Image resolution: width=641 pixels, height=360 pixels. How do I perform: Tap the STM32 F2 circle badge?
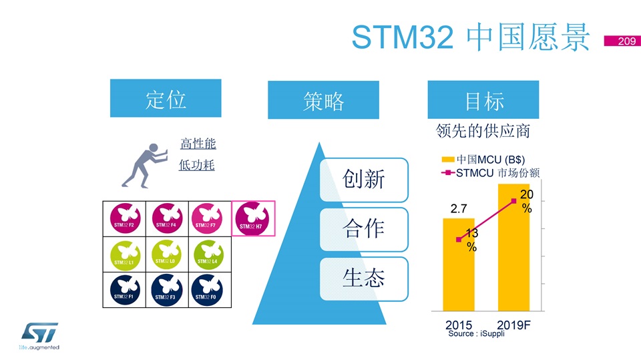click(x=125, y=218)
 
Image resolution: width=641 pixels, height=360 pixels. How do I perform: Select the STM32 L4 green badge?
click(x=208, y=255)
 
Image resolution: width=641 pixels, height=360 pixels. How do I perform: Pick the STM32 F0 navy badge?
click(x=207, y=290)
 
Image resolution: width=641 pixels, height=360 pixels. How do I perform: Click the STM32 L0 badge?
click(x=166, y=254)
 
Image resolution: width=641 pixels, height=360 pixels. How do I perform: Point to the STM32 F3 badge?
click(x=166, y=290)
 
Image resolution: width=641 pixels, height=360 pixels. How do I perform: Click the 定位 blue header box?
click(x=166, y=98)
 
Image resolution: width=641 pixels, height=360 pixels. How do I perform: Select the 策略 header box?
click(x=323, y=100)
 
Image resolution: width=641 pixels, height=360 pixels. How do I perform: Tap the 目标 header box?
click(x=483, y=100)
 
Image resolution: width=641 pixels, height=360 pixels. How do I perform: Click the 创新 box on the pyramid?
click(x=364, y=180)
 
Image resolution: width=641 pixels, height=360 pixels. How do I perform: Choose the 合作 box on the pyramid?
click(x=364, y=230)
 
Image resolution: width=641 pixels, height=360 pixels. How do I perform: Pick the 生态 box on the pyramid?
click(x=364, y=279)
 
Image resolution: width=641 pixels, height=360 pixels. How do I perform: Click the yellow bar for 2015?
click(x=459, y=264)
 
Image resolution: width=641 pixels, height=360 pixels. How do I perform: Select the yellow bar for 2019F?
click(x=513, y=248)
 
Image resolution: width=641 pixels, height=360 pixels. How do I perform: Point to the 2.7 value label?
click(x=459, y=208)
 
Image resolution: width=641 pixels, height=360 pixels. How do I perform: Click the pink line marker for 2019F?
click(x=514, y=201)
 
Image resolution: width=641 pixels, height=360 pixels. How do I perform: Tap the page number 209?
click(x=627, y=41)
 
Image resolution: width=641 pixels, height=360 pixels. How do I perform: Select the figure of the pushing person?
click(x=145, y=166)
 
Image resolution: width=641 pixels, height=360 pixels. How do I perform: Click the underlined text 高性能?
click(x=198, y=144)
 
